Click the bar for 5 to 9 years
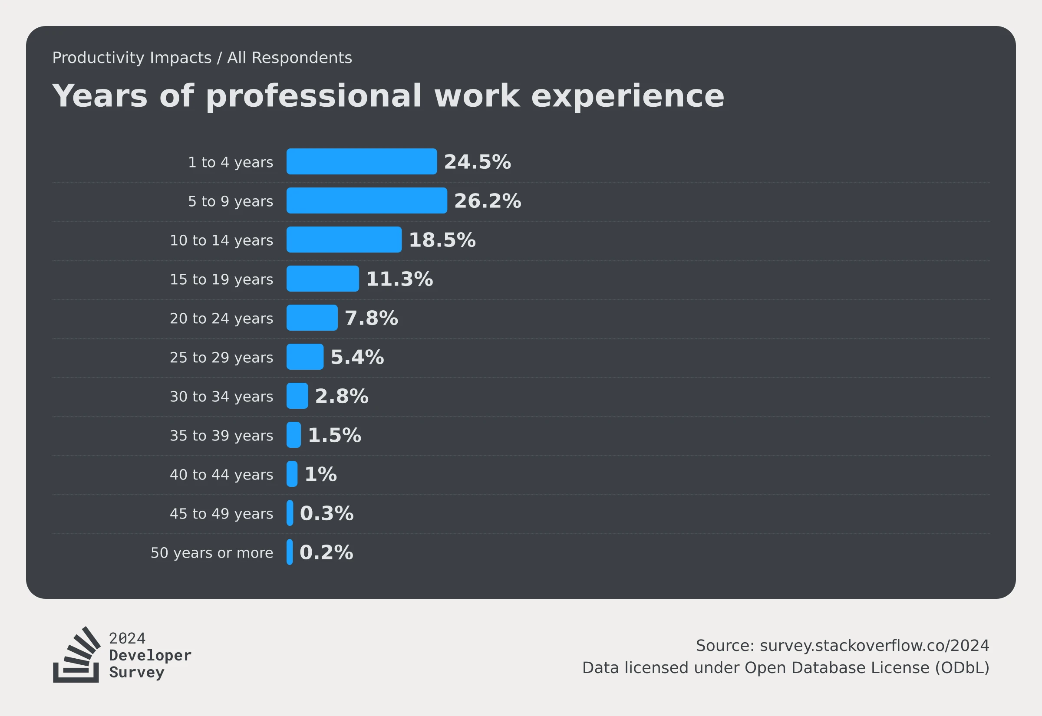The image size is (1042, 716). click(366, 200)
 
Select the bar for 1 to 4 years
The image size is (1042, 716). click(362, 161)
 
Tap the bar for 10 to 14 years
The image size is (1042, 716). click(344, 240)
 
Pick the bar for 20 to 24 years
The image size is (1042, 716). click(312, 318)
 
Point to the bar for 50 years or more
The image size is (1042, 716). click(290, 552)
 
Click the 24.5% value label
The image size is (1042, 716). click(477, 162)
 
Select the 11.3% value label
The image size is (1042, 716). click(399, 279)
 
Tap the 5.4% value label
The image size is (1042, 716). click(357, 357)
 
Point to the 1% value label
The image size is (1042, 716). click(320, 474)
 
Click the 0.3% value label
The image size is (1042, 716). click(326, 513)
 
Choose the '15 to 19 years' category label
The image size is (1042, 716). click(221, 279)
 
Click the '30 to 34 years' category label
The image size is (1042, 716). click(221, 397)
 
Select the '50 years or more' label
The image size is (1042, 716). click(212, 553)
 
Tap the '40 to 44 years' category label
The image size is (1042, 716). click(221, 475)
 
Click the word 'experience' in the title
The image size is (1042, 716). click(627, 96)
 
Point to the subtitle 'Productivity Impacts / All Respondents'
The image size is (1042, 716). click(202, 58)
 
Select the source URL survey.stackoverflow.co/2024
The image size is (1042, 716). click(874, 646)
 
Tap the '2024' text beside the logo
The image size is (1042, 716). click(128, 638)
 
